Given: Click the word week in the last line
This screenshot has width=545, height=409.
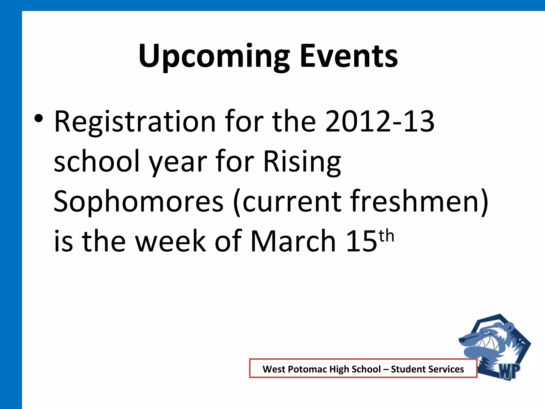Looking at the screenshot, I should coord(171,241).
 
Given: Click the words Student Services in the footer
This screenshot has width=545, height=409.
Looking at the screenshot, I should coord(427,369).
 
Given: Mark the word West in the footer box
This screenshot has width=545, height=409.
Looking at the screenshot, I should coord(274,369).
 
